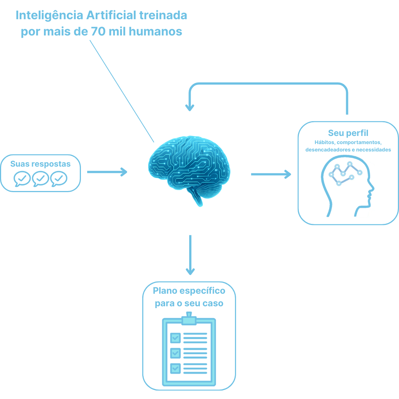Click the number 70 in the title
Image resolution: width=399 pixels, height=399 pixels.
coord(98,31)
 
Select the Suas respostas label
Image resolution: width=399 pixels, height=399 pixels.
coord(40,164)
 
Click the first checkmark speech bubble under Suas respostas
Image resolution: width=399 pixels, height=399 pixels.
coord(22,179)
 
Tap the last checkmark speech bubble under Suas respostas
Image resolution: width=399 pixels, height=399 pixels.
coord(59,179)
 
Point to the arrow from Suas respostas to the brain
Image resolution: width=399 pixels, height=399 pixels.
coord(107,172)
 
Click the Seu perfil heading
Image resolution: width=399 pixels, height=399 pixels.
coord(348,133)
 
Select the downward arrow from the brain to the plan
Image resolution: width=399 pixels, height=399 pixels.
coord(190,255)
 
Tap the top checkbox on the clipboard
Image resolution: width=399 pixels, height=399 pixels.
coord(175,337)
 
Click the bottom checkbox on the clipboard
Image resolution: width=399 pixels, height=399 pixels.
coord(175,368)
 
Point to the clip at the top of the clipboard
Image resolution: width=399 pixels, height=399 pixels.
coord(189,318)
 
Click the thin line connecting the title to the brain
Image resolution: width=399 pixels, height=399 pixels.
coord(122,91)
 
